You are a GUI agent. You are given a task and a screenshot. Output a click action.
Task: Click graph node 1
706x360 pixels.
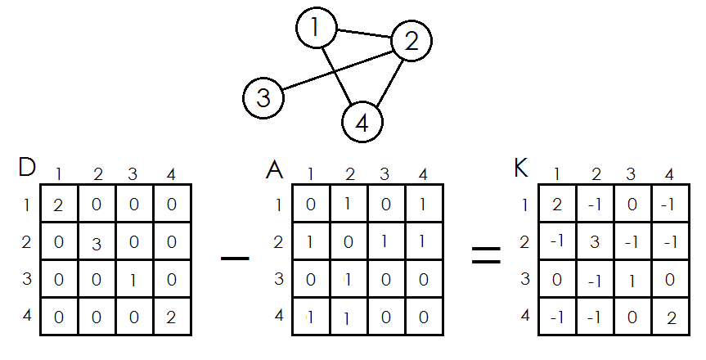pos(316,29)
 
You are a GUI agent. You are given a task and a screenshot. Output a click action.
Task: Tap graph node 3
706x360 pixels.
pos(263,98)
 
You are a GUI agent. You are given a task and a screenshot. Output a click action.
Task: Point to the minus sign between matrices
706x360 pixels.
pos(235,259)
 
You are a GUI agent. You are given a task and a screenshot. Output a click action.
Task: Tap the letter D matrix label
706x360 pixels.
pos(26,168)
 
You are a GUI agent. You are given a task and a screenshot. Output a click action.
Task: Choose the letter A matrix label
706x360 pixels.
pos(275,169)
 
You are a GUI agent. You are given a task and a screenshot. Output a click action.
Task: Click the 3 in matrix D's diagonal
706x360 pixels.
pos(97,243)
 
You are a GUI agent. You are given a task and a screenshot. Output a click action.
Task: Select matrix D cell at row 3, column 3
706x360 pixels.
pos(134,279)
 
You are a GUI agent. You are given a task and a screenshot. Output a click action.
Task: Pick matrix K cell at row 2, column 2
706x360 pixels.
pos(595,241)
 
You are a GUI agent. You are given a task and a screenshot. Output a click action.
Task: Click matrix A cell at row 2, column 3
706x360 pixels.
pos(387,241)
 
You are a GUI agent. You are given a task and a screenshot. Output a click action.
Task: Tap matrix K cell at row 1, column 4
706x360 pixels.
pos(670,204)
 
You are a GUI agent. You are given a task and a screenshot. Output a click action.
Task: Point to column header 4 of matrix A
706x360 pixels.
pos(423,174)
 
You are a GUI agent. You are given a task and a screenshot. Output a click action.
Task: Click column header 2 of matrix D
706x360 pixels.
pos(97,174)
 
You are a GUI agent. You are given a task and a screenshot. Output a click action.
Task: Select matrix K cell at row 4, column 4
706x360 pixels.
pos(670,317)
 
